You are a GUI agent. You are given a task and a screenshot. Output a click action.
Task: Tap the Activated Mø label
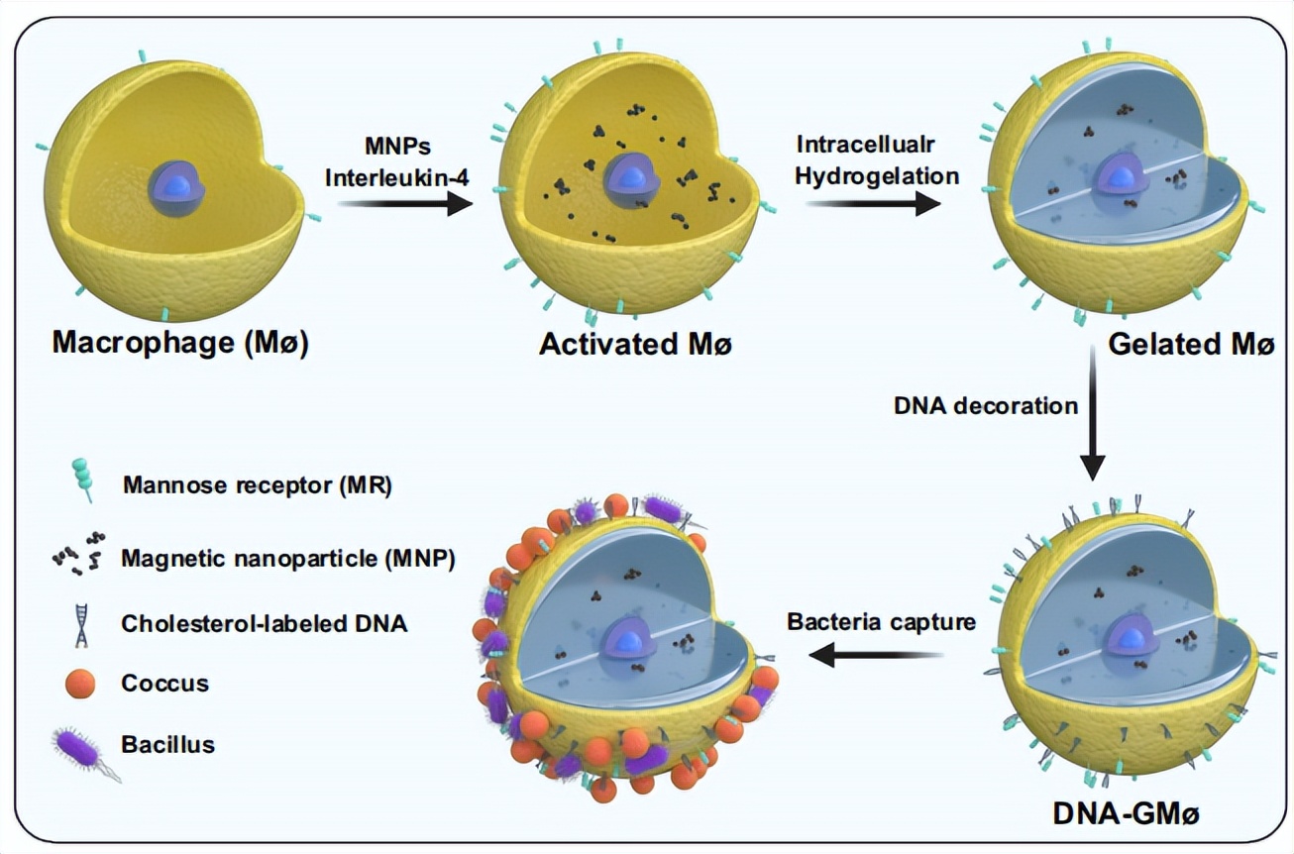click(634, 344)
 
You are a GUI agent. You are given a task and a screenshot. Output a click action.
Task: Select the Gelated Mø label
click(1189, 344)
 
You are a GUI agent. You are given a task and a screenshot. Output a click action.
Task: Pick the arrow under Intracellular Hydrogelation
click(872, 204)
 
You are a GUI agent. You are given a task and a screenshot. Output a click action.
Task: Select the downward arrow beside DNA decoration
click(1091, 416)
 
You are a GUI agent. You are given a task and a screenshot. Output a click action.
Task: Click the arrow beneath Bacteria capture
click(878, 654)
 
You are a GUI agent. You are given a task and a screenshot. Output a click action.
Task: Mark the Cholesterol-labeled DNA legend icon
click(79, 624)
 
